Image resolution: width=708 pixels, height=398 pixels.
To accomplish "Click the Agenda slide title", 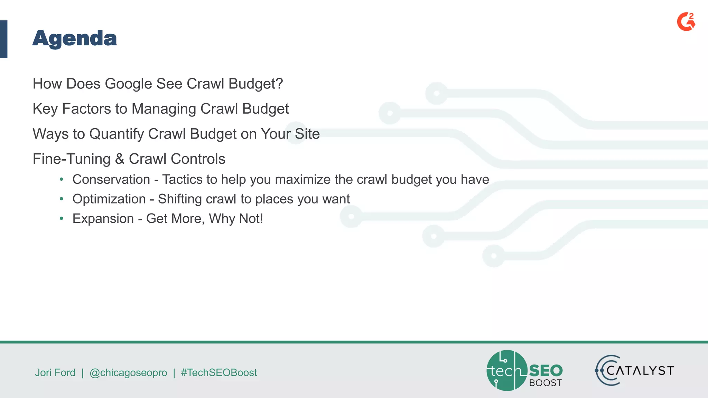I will (75, 39).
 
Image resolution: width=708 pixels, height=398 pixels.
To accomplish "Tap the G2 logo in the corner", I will (686, 22).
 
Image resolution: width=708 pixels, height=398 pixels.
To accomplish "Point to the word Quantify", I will (117, 134).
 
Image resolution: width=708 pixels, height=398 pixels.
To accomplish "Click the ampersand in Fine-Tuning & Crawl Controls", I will (119, 159).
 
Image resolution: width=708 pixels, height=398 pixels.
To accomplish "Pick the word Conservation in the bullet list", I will (111, 180).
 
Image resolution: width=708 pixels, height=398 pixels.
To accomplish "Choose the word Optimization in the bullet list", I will (109, 199).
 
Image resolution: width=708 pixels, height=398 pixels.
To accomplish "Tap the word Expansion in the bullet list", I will (103, 219).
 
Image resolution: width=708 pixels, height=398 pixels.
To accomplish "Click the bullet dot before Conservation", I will (62, 179).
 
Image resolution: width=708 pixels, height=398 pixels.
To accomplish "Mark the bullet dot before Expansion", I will (62, 218).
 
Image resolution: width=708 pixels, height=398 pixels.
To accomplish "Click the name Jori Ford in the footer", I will (55, 372).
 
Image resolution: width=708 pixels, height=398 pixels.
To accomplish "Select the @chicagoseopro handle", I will (128, 372).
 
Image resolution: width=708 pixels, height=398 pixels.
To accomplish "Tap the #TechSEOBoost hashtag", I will (219, 372).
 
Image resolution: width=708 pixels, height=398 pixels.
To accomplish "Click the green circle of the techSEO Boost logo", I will (506, 370).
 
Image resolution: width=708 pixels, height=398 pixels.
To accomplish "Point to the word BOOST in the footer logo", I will (546, 383).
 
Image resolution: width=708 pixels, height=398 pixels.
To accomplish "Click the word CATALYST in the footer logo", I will (640, 371).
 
